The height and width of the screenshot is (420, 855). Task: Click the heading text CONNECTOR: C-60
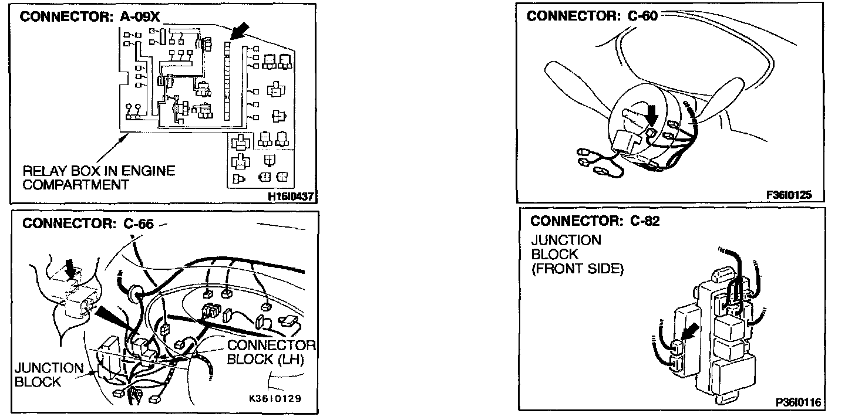tap(591, 16)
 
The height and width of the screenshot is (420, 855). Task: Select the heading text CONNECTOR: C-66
tap(87, 223)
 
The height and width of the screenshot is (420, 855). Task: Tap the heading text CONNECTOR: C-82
tap(594, 221)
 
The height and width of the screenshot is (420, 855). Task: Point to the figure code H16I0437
tap(290, 197)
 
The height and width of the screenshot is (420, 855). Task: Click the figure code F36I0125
tap(789, 195)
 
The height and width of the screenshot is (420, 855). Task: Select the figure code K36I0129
tap(275, 399)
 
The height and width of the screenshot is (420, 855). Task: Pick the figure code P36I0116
tap(798, 402)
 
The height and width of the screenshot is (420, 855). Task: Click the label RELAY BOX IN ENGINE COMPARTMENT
tap(99, 178)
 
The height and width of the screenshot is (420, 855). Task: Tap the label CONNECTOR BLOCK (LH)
tap(271, 352)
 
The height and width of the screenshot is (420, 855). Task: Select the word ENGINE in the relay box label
tap(152, 171)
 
